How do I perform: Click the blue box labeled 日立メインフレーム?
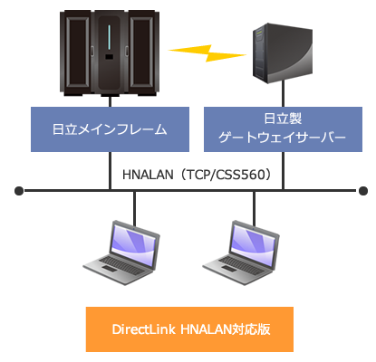point(111,129)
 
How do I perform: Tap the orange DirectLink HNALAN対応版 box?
point(189,327)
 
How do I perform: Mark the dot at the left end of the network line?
point(17,191)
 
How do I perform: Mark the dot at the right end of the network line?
point(363,191)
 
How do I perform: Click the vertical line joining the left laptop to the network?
point(137,205)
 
